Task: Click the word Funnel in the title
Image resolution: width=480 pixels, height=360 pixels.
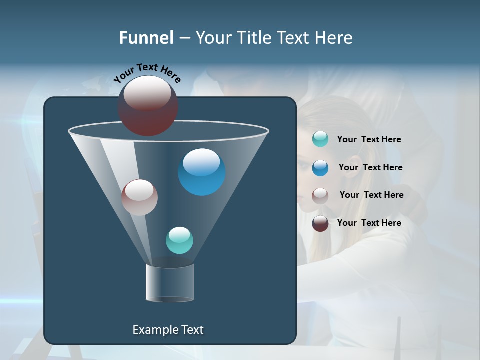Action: [146, 38]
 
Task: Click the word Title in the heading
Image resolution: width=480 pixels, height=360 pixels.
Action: [253, 38]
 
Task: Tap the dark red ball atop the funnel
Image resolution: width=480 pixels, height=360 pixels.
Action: [148, 105]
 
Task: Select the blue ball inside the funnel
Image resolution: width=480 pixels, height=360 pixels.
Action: [202, 171]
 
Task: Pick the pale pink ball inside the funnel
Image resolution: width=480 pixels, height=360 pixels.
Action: [140, 197]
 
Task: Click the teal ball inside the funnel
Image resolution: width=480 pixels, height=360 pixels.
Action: [179, 240]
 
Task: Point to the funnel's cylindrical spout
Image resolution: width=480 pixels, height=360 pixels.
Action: [170, 283]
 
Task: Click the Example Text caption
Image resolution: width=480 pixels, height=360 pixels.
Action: [168, 330]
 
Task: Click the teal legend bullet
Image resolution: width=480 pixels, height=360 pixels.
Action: [320, 139]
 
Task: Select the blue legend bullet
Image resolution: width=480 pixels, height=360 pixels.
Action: [320, 168]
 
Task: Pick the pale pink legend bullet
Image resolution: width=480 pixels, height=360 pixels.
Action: [320, 195]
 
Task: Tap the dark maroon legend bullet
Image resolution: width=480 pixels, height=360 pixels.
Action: [320, 223]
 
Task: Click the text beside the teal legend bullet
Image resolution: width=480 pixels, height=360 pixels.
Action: [369, 140]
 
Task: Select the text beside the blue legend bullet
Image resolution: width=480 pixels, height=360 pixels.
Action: [370, 168]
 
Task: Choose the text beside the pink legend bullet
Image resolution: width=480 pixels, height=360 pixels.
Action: [371, 195]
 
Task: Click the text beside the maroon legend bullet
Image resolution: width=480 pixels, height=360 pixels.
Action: [369, 223]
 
